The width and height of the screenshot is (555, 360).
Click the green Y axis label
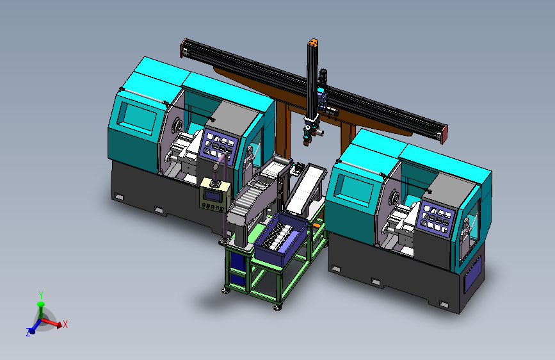click(x=41, y=295)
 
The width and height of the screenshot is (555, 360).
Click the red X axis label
click(x=65, y=324)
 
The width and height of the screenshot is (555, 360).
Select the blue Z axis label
click(x=28, y=332)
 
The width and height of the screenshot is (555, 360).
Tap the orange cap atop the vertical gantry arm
click(x=313, y=43)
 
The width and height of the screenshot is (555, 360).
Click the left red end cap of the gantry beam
click(x=183, y=48)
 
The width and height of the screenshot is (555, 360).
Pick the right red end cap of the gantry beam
click(x=444, y=135)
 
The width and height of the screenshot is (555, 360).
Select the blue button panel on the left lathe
click(x=218, y=145)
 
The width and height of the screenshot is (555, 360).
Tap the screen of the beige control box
click(x=213, y=195)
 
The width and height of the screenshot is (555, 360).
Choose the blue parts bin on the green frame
click(x=280, y=238)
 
